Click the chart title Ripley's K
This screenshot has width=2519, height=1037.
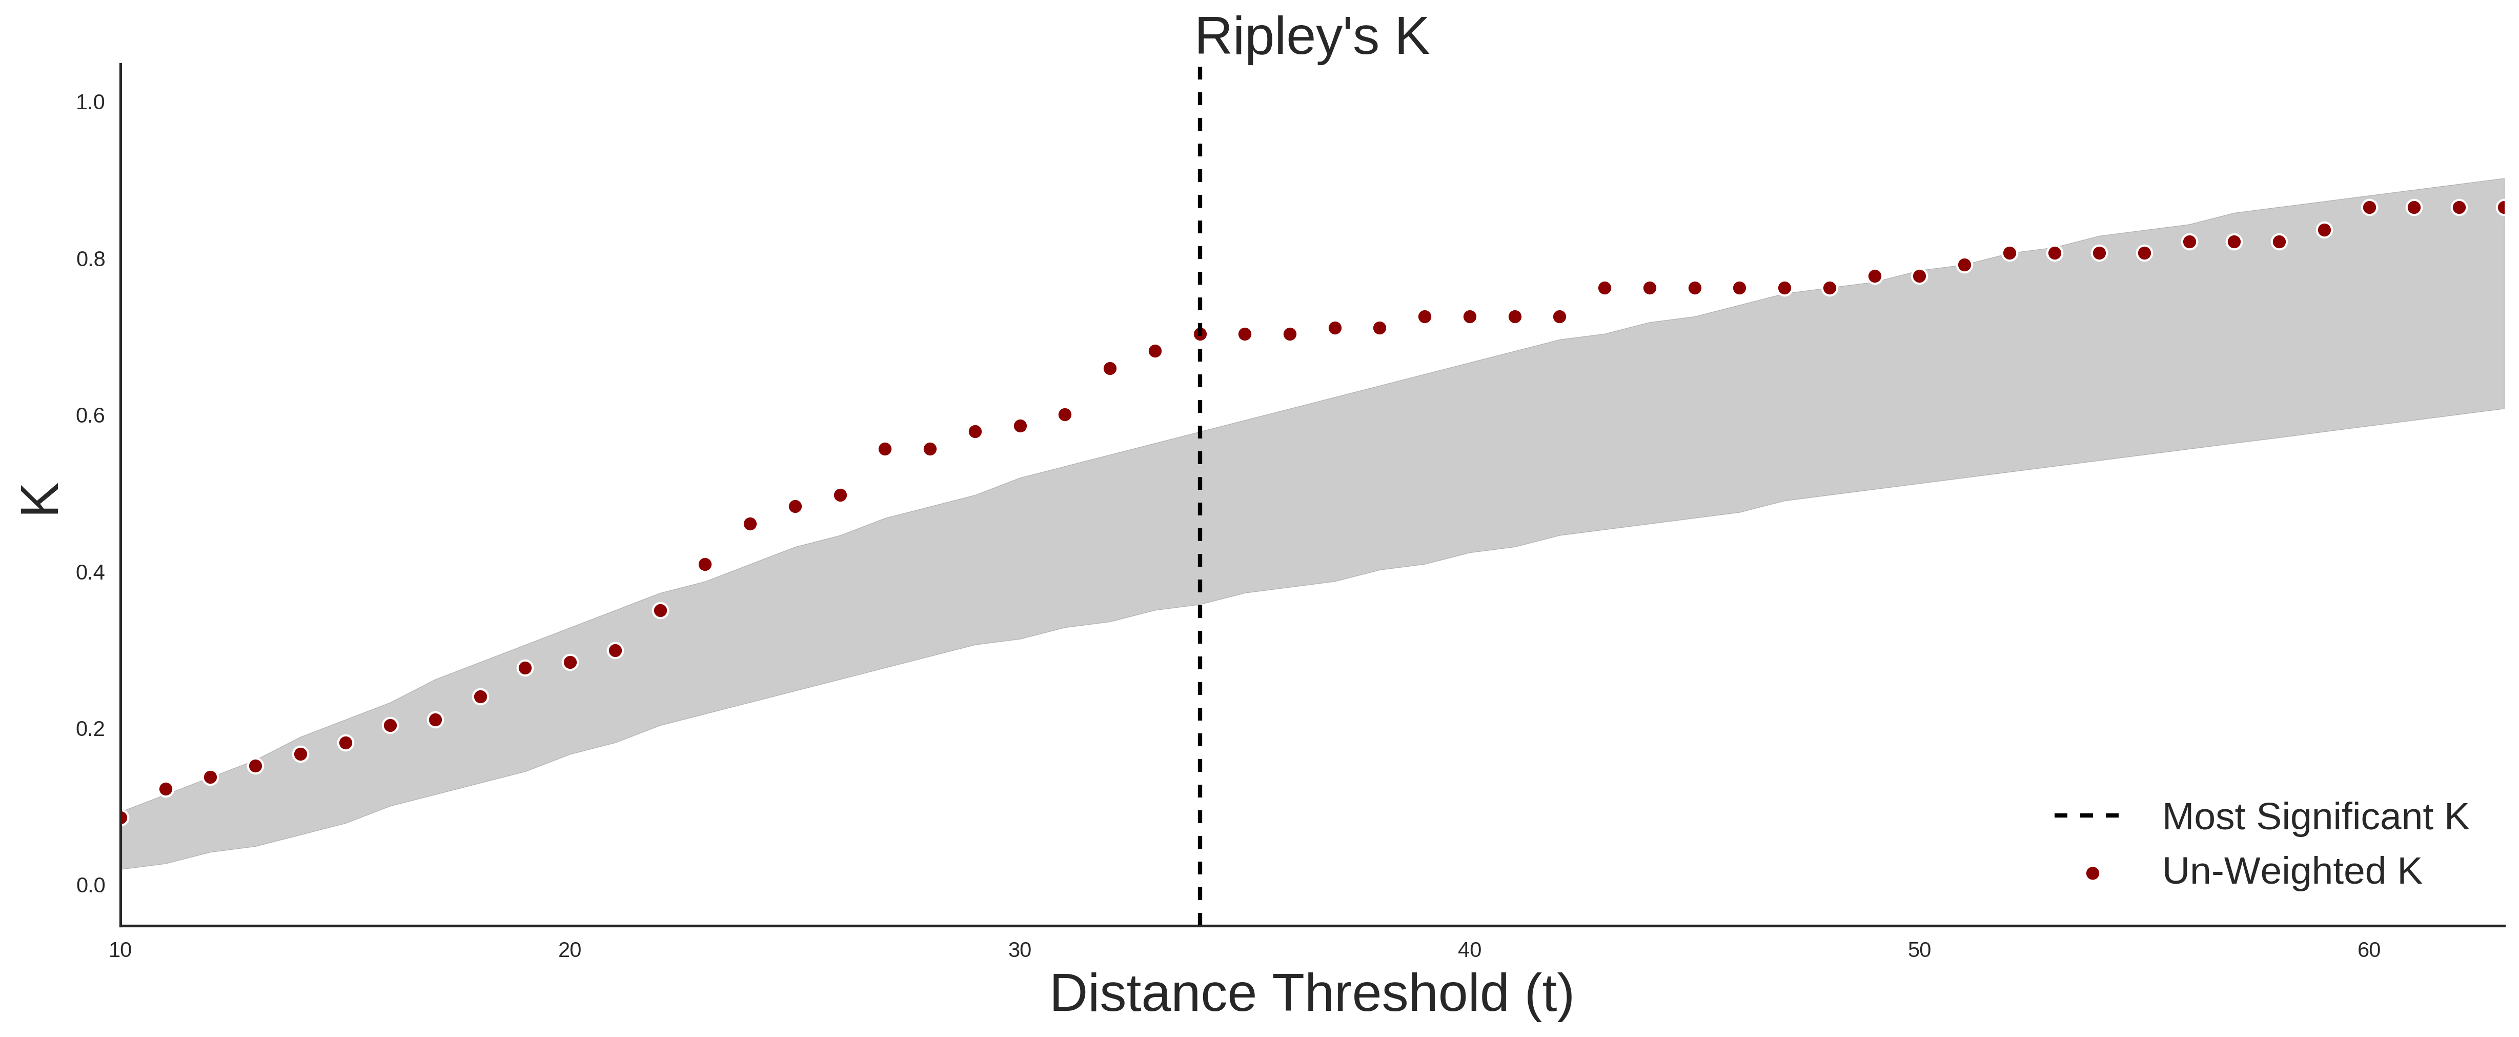1311,37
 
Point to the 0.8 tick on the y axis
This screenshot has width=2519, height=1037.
90,260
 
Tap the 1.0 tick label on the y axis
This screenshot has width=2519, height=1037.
90,103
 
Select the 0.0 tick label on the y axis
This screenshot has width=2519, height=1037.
90,885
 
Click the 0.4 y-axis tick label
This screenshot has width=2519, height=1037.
90,572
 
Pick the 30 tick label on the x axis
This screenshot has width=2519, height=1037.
1020,950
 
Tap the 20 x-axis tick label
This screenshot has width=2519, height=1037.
570,950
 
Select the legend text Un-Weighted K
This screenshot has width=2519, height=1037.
2291,871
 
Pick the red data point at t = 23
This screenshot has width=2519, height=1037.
705,565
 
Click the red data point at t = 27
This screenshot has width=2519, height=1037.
885,449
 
